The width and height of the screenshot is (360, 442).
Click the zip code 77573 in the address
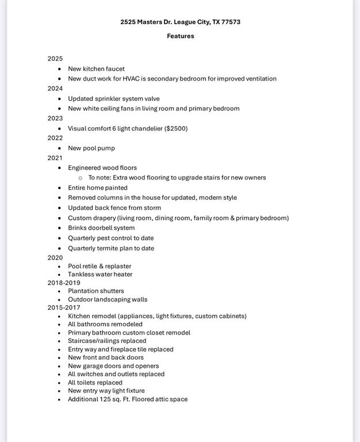click(230, 22)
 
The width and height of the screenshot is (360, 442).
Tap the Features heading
click(181, 36)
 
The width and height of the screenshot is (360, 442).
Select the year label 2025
click(55, 59)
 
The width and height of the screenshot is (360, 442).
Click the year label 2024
click(55, 89)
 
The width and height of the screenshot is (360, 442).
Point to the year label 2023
click(55, 119)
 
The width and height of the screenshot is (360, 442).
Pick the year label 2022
click(55, 138)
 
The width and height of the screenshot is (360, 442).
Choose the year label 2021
click(55, 158)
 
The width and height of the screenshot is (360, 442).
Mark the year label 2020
click(55, 258)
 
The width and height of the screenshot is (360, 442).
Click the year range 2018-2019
click(64, 283)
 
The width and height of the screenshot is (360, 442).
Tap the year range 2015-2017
click(64, 307)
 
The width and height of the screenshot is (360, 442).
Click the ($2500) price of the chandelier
click(176, 128)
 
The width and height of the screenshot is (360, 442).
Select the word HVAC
click(131, 79)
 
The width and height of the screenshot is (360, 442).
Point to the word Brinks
click(78, 228)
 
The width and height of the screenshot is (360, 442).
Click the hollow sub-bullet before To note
click(80, 178)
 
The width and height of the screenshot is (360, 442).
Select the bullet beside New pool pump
click(59, 148)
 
